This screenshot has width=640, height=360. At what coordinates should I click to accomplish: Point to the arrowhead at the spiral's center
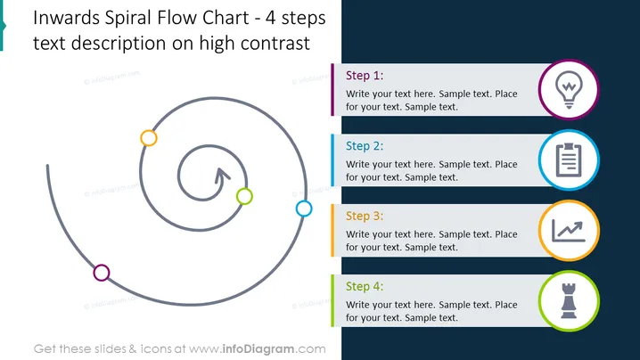[222, 175]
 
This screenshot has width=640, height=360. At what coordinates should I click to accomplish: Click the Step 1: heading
[365, 76]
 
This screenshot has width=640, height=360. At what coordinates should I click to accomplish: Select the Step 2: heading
[365, 146]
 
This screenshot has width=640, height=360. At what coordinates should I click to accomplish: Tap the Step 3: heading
[365, 217]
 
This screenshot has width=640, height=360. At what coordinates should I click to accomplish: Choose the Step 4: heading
[365, 287]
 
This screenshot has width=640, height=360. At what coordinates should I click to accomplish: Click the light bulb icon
[569, 89]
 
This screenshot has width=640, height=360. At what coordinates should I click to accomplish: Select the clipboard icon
[569, 160]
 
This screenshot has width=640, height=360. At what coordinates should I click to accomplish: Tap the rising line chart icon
[569, 231]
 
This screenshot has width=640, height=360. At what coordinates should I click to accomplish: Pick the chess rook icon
[569, 301]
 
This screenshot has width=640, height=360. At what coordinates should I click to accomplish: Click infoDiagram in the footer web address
[258, 349]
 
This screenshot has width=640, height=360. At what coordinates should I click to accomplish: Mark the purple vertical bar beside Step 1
[332, 90]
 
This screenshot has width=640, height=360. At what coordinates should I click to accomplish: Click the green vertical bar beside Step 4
[332, 301]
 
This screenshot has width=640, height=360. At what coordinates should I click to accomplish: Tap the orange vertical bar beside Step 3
[332, 231]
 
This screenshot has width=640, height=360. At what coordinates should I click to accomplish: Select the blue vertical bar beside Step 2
[332, 160]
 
